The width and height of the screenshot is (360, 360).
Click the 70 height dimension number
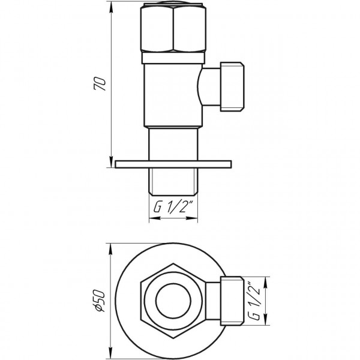coord(102,84)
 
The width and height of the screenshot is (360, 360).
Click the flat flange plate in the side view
coord(173,164)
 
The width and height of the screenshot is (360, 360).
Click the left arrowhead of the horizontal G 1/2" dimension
coord(152,219)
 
